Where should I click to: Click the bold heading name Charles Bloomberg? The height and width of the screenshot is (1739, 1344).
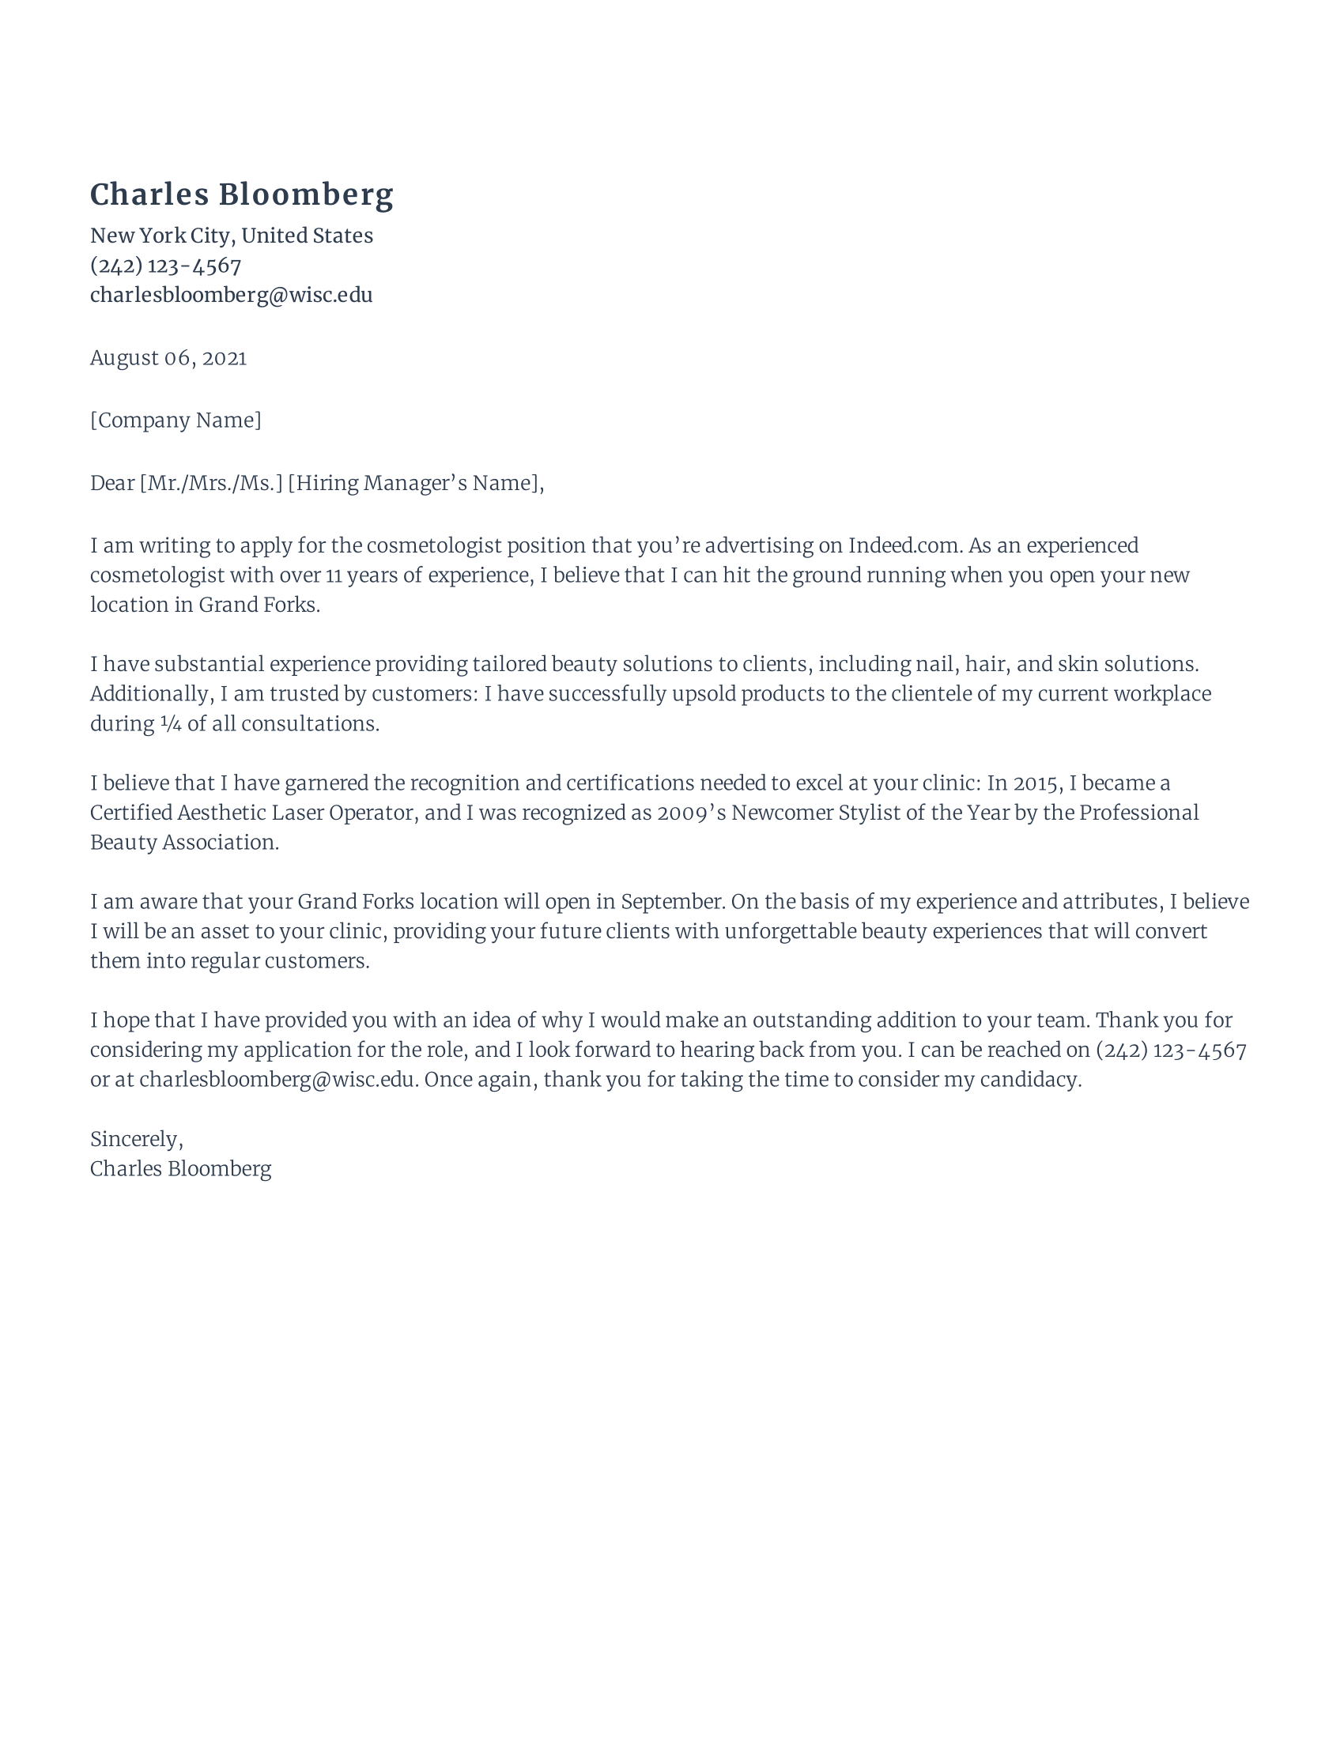(241, 195)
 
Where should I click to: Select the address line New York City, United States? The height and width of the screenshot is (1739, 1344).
(231, 236)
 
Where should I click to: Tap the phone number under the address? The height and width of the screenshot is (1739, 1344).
(165, 265)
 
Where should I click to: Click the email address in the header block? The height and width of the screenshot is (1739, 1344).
(231, 296)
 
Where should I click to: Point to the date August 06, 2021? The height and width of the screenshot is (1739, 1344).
(168, 357)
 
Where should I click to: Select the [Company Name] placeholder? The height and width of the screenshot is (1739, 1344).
(176, 421)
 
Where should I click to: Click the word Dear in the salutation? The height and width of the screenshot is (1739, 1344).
(112, 483)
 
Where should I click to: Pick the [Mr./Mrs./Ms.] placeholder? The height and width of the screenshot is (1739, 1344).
(211, 483)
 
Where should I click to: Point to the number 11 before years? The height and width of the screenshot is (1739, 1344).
(334, 575)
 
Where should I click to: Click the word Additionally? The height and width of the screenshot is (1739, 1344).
(149, 694)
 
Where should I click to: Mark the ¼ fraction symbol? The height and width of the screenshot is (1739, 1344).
(171, 724)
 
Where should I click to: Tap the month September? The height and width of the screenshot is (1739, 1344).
(671, 902)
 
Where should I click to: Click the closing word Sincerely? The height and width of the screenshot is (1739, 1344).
(136, 1139)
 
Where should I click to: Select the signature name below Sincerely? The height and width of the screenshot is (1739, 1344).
(181, 1169)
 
